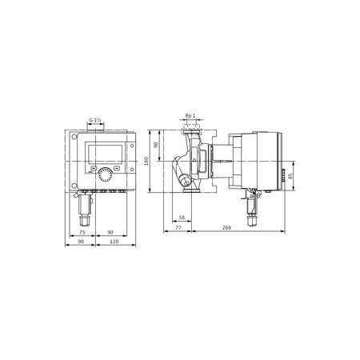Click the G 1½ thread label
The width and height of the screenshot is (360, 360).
point(95,120)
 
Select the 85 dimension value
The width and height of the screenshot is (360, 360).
point(290,176)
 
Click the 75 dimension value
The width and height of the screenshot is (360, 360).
point(83,233)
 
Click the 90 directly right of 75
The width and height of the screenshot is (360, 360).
point(109,233)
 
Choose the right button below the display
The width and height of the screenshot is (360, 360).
point(117,169)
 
